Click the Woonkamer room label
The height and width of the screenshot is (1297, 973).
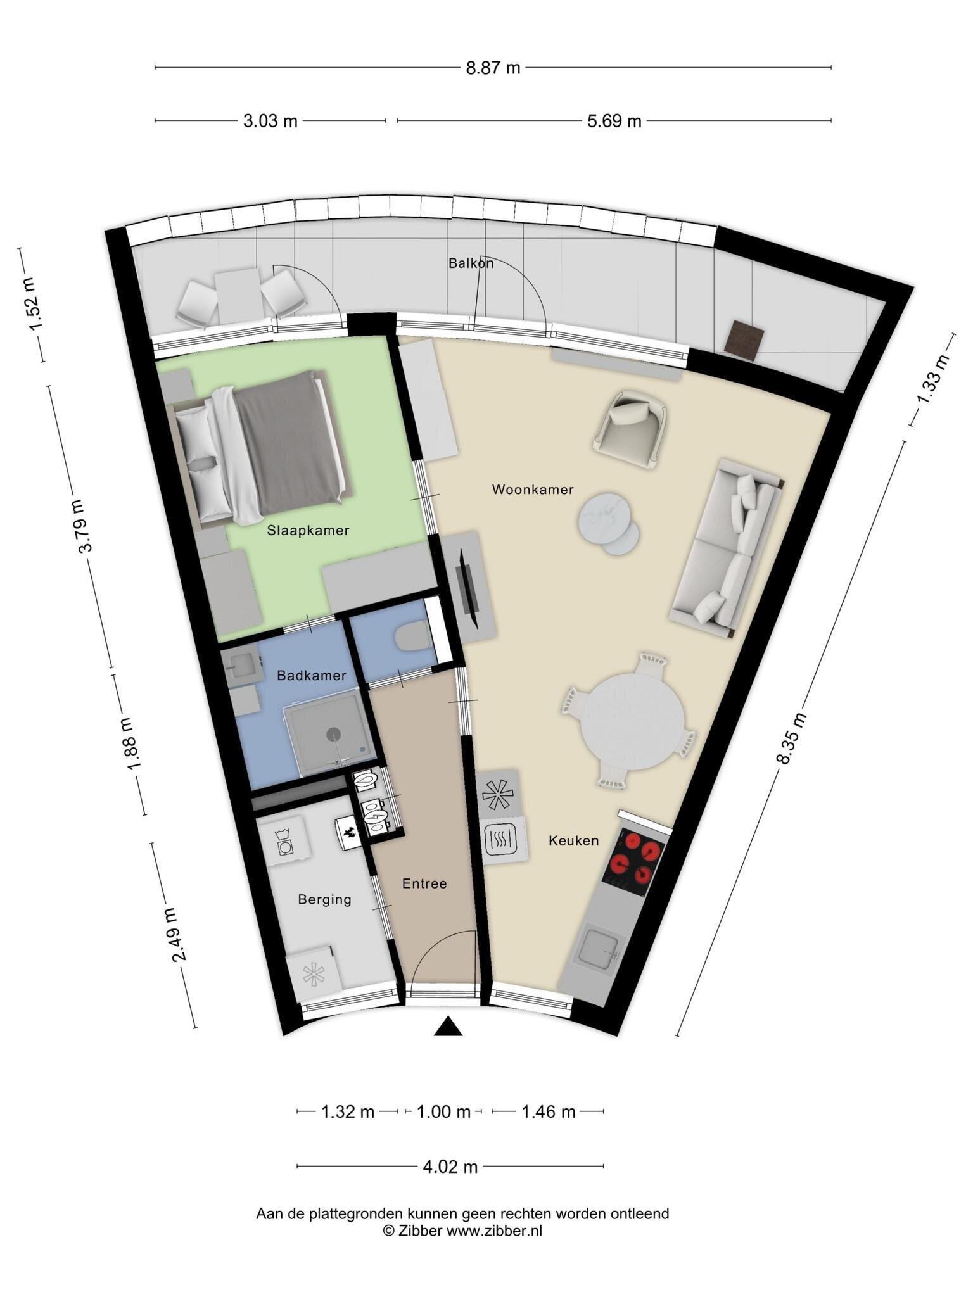[532, 490]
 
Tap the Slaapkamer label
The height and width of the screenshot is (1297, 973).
[308, 531]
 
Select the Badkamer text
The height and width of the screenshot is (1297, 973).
[312, 676]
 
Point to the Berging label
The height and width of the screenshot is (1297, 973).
[324, 899]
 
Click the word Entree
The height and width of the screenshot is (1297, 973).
[424, 883]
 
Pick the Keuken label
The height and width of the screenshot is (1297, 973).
[573, 841]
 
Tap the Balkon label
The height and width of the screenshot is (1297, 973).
[471, 263]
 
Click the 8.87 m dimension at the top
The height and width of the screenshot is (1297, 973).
[493, 68]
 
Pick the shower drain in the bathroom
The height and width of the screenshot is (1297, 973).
[333, 733]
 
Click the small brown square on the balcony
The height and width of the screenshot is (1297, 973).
[746, 340]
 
